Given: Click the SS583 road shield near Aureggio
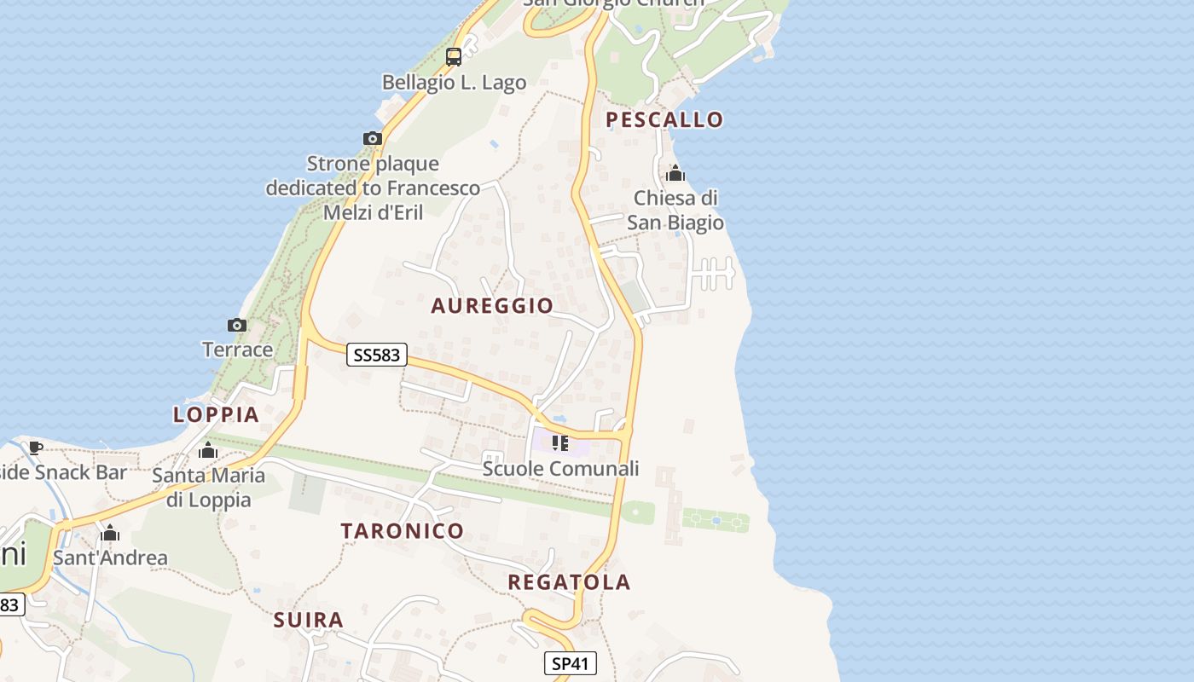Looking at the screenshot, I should [376, 355].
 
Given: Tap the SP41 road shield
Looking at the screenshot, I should [570, 663].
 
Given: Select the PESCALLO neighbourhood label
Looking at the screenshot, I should [664, 119].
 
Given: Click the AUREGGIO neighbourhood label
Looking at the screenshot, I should [492, 305].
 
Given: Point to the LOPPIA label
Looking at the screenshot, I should [216, 414].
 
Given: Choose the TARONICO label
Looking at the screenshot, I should [403, 530].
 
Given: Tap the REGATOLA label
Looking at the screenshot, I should [569, 582].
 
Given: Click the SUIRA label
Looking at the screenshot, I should [309, 620].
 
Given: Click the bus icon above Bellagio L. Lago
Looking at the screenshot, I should [454, 57].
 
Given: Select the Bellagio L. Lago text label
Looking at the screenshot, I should [454, 83].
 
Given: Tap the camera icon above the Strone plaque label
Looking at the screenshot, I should [373, 138].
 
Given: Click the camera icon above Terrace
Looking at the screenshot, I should [237, 325].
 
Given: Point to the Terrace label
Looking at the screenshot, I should [237, 350].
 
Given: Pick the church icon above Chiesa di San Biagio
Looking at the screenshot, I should [675, 174].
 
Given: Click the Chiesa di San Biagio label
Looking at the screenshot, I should [675, 211].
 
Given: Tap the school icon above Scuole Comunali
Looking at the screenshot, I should [560, 443].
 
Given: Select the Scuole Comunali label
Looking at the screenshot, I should [560, 469].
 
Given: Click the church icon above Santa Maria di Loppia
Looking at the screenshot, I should [208, 450].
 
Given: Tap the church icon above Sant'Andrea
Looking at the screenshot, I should [110, 534].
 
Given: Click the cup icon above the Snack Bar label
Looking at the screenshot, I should [36, 448].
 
